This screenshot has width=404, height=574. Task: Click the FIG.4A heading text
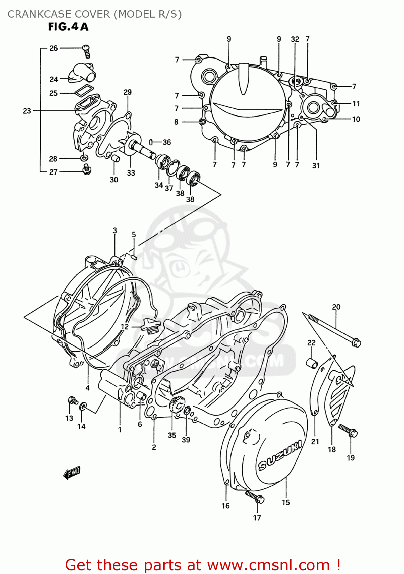(68, 27)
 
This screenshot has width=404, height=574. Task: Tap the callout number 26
(54, 48)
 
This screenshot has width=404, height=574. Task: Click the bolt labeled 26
(87, 51)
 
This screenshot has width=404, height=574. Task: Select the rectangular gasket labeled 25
(84, 91)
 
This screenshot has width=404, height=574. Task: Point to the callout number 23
(27, 111)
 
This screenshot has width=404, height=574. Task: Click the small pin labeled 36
(151, 142)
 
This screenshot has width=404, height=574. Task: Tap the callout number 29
(128, 92)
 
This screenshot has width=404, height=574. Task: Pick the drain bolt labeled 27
(87, 169)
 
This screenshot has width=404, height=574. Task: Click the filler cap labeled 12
(147, 326)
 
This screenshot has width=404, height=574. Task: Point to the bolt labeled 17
(255, 497)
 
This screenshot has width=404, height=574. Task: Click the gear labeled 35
(177, 405)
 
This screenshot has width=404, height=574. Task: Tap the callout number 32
(295, 39)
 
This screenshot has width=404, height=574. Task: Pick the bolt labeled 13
(72, 400)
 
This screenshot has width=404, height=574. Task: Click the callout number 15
(286, 502)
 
